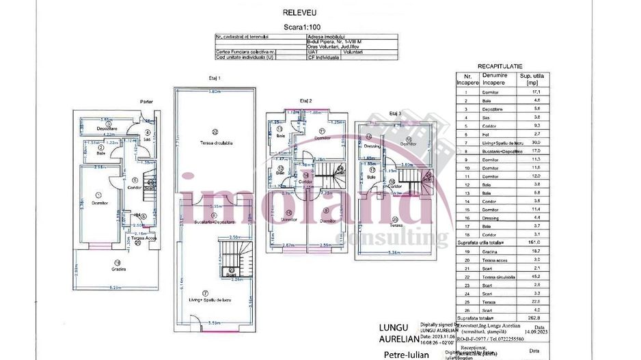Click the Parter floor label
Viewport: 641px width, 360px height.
pos(146,101)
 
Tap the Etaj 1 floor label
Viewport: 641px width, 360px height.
pos(215,79)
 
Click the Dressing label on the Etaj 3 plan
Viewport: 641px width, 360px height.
pos(372,146)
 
